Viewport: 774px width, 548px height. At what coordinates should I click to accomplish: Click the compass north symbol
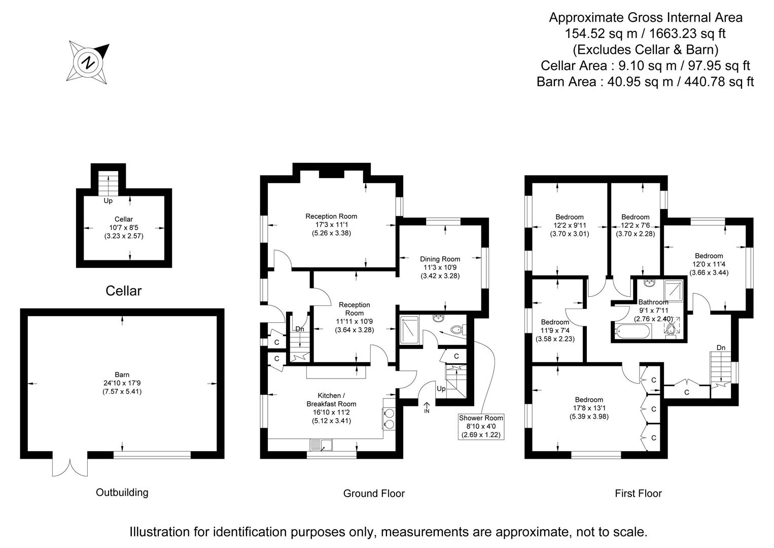point(89,62)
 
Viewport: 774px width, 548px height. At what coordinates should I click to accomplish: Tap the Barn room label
point(122,375)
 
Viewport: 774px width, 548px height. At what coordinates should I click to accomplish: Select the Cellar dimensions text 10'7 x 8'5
point(124,227)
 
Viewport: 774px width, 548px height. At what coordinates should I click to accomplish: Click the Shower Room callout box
point(481,426)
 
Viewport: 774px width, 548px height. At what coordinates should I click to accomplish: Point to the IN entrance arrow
point(427,407)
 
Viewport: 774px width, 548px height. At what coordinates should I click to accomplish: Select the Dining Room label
point(440,259)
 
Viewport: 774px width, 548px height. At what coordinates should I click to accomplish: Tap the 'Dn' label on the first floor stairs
point(721,348)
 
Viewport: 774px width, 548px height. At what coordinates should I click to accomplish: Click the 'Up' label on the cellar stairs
point(108,201)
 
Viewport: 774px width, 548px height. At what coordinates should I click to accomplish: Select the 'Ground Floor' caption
point(374,493)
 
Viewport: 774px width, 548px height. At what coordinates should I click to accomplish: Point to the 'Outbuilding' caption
point(122,492)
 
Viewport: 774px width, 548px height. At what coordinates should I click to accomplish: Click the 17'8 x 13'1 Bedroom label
point(589,408)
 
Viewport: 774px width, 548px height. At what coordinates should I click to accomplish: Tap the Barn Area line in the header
point(645,82)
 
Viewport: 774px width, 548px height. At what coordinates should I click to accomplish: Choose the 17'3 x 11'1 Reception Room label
point(331,224)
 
